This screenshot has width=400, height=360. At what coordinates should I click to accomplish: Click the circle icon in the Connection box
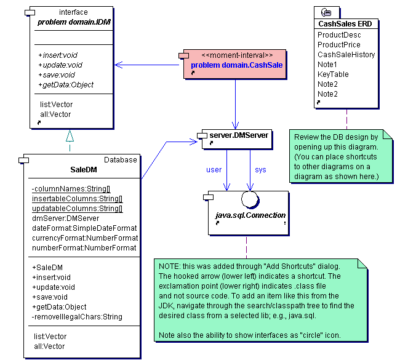click(x=250, y=200)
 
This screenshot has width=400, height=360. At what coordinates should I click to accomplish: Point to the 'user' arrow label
click(x=214, y=169)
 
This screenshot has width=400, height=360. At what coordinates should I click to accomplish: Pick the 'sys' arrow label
click(x=260, y=169)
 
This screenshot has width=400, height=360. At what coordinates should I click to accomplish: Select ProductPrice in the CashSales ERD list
click(x=339, y=45)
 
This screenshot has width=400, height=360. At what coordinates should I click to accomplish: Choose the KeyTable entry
click(x=333, y=74)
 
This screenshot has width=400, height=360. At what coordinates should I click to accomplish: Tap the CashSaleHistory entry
click(x=346, y=55)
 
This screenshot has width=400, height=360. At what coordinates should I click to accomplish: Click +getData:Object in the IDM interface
click(x=66, y=84)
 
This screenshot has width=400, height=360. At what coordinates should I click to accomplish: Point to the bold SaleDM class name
click(x=82, y=170)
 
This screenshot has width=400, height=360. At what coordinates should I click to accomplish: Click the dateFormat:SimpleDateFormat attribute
click(x=84, y=228)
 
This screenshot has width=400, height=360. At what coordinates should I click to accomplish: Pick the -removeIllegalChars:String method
click(x=77, y=317)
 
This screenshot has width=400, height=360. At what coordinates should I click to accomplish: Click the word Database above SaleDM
click(x=121, y=160)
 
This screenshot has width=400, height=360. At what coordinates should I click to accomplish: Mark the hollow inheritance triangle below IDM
click(x=70, y=135)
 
